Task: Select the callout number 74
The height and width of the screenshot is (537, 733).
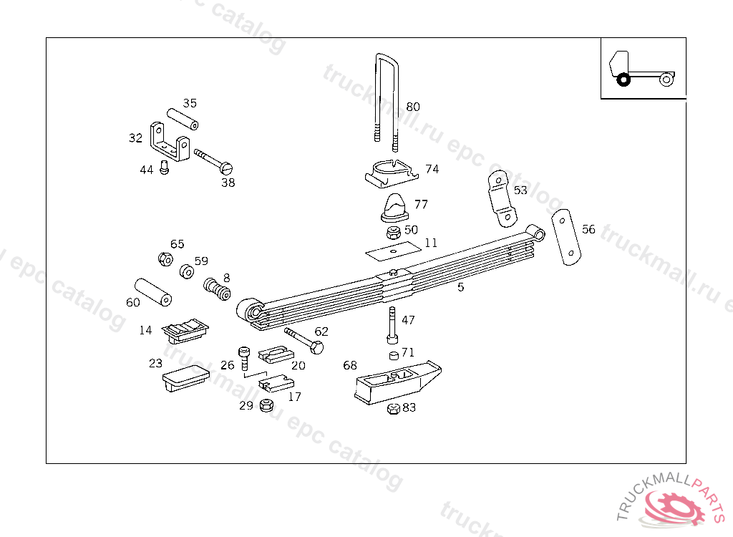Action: click(432, 170)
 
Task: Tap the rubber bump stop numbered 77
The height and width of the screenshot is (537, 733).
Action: click(393, 207)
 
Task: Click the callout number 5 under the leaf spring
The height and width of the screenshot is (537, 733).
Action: click(461, 287)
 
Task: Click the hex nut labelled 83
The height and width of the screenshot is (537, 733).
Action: click(393, 409)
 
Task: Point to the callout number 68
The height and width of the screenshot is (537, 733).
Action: click(349, 366)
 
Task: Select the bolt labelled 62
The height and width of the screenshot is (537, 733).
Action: click(304, 340)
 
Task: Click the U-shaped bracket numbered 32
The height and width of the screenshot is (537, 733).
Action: click(170, 142)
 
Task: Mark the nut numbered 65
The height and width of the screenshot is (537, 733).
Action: click(165, 258)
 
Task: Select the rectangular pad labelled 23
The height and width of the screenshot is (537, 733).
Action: click(185, 377)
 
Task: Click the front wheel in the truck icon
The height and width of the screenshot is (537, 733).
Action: click(623, 79)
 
